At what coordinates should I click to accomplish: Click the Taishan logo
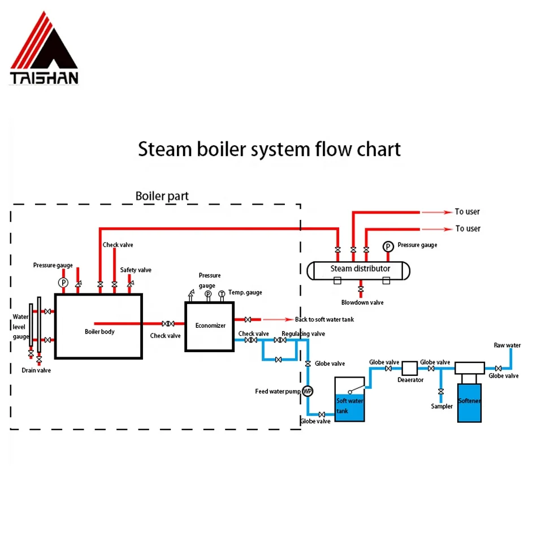44,49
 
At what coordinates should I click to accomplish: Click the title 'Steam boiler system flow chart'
269,150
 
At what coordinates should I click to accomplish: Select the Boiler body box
98,326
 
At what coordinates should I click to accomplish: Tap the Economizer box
210,326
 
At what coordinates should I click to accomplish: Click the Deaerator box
409,369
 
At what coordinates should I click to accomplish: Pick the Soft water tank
349,404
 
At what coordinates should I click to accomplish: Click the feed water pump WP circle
308,391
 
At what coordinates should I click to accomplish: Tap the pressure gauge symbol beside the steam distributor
388,246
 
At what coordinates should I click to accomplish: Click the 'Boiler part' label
162,196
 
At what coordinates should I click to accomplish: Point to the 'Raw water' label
507,345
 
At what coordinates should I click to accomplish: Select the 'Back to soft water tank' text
324,319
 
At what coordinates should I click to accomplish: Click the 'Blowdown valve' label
362,302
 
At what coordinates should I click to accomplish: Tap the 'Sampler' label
441,406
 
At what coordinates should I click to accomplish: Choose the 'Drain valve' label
36,370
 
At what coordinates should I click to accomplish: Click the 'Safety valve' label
136,270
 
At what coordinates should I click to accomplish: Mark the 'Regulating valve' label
303,334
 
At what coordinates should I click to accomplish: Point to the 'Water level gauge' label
20,327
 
